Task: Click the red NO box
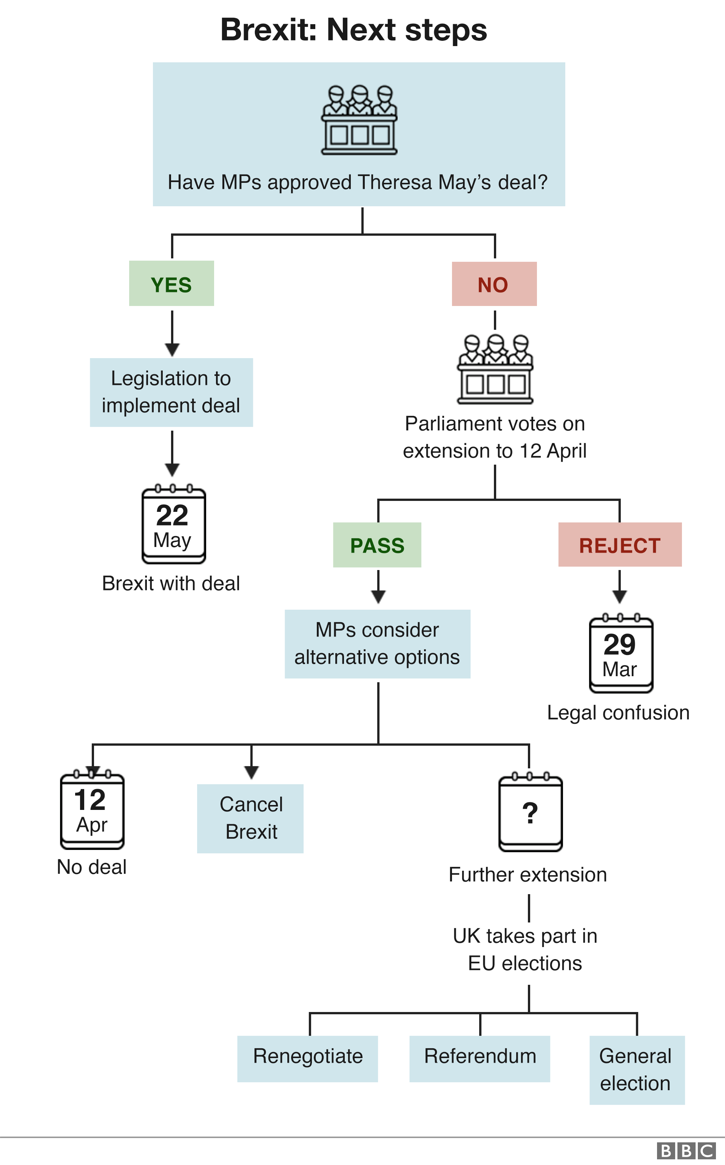494,284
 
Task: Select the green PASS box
377,545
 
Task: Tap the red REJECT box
620,544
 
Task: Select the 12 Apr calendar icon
92,809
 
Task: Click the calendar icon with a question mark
530,812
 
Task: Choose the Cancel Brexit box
250,818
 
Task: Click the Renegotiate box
307,1058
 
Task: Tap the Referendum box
480,1058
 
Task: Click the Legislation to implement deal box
171,392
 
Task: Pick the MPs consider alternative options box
377,644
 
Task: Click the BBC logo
685,1151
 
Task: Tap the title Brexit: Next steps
353,30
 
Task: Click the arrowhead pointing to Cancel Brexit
251,772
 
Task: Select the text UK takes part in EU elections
525,949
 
